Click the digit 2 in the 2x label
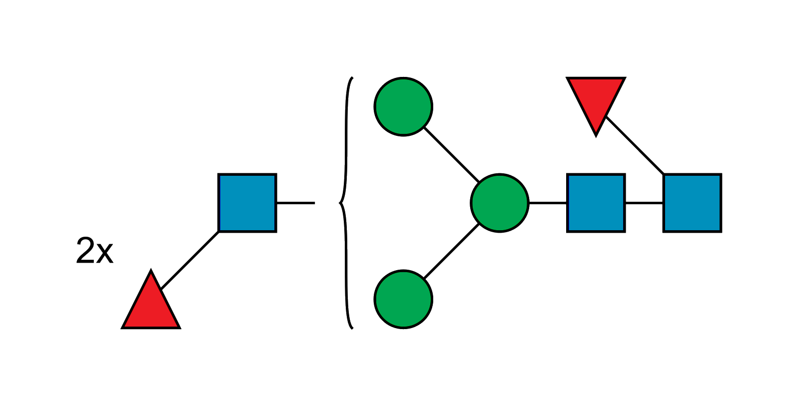(x=85, y=250)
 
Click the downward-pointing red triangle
(x=596, y=97)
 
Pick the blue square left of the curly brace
(x=248, y=203)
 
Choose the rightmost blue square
(x=693, y=203)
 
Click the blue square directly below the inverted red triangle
(x=596, y=203)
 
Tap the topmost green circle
(x=403, y=106)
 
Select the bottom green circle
(x=403, y=299)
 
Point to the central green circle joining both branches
(x=500, y=203)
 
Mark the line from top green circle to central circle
(x=451, y=154)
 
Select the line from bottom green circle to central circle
(x=451, y=251)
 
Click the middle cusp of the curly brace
(x=339, y=203)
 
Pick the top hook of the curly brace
(x=351, y=79)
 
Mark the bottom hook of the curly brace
(x=351, y=328)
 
